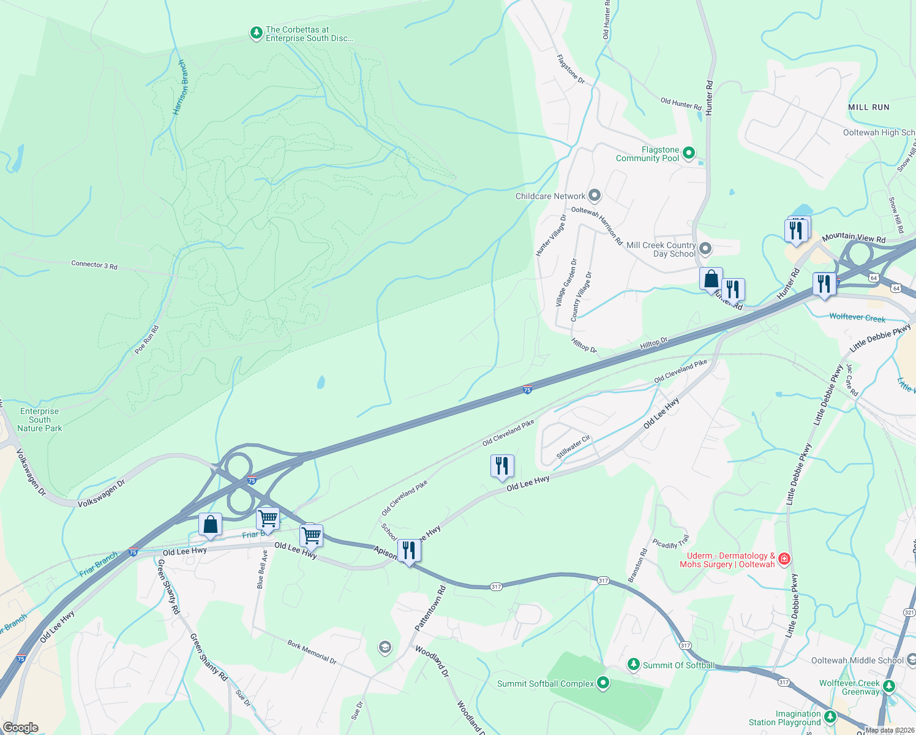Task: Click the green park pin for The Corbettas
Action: pos(257,33)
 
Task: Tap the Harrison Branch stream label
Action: pos(181,88)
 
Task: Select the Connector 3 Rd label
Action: pos(94,265)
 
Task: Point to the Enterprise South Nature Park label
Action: pos(40,420)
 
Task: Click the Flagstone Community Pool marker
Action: pos(689,153)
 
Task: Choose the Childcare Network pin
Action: pos(594,196)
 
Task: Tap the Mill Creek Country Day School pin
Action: pos(705,249)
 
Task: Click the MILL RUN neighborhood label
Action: pos(869,107)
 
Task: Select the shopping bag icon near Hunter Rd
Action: pos(711,279)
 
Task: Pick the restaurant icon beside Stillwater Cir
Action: pos(501,466)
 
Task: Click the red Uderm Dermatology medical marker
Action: pos(784,559)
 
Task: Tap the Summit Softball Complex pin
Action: pos(603,682)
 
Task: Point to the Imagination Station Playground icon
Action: pos(830,716)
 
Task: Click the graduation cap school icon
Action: pos(385,647)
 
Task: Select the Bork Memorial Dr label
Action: pos(312,652)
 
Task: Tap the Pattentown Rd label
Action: pos(430,608)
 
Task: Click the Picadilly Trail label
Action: pos(671,541)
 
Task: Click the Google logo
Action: pos(21,727)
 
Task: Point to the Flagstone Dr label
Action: pos(571,69)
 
